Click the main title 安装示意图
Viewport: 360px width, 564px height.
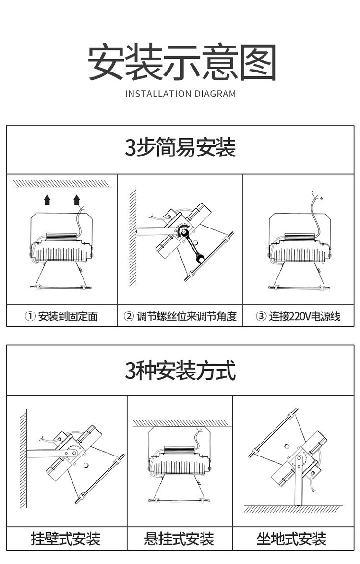[x=182, y=62]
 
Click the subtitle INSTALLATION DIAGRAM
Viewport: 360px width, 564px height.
[x=180, y=94]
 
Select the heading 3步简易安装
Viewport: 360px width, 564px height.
[x=180, y=147]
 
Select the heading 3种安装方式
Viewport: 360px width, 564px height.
[x=180, y=371]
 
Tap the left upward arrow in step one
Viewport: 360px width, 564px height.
[x=47, y=200]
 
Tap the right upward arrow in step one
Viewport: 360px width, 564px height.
[x=77, y=200]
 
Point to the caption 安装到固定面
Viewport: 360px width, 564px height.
[x=68, y=316]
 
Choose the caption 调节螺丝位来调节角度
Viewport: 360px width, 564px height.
[x=186, y=316]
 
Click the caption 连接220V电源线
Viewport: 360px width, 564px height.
[x=305, y=316]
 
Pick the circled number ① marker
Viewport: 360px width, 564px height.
[x=30, y=316]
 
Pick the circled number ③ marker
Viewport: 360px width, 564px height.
[x=261, y=316]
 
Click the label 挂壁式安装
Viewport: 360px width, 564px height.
[x=65, y=539]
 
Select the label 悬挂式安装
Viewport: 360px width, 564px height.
[x=179, y=539]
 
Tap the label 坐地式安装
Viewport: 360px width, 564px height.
[x=292, y=539]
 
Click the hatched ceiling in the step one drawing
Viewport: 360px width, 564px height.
[x=62, y=184]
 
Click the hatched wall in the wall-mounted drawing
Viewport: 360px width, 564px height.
[x=24, y=458]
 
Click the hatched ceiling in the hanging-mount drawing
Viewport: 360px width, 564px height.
[x=182, y=423]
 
